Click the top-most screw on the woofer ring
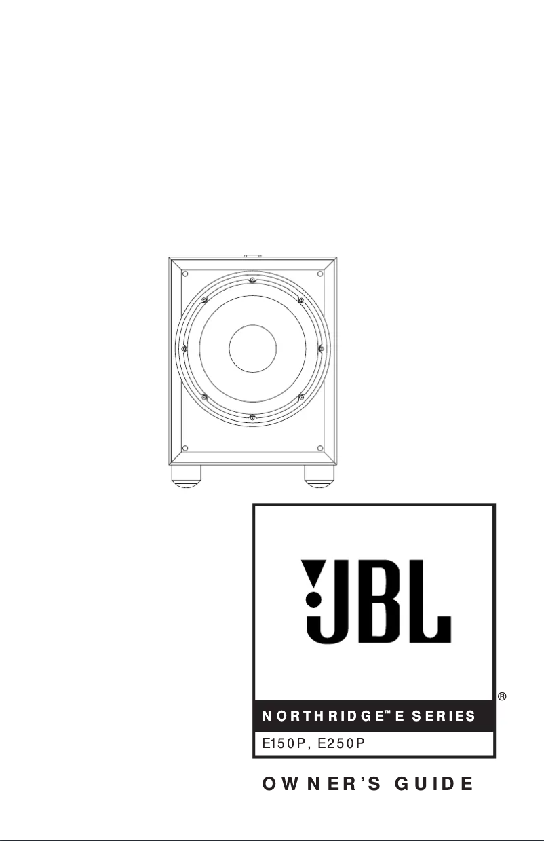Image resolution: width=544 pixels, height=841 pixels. click(252, 280)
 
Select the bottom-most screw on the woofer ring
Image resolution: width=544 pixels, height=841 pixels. click(252, 417)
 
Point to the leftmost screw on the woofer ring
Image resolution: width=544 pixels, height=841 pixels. click(184, 349)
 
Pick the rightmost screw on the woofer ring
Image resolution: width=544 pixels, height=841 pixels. click(321, 349)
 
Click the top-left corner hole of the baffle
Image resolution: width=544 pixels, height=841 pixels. click(184, 274)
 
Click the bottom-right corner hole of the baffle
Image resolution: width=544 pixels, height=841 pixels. click(319, 447)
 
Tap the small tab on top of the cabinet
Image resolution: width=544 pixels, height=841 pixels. click(252, 257)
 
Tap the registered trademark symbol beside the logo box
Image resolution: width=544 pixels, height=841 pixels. click(503, 697)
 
